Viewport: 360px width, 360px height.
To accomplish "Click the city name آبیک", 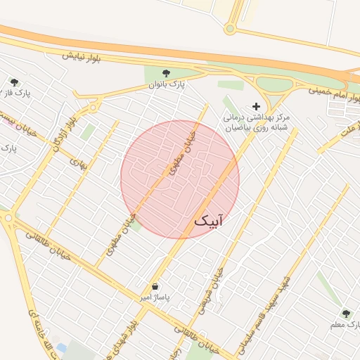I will click(x=210, y=221).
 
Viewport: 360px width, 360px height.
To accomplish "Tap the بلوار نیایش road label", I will click(x=81, y=56).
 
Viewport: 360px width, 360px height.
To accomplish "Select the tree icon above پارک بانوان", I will click(x=166, y=73).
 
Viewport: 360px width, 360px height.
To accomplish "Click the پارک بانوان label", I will click(x=166, y=84).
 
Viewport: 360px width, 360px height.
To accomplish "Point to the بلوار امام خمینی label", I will click(x=330, y=91).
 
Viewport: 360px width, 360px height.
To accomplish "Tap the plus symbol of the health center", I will click(x=255, y=105).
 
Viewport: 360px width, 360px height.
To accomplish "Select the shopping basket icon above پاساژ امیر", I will click(x=155, y=287).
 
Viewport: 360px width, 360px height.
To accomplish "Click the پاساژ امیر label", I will click(x=155, y=298).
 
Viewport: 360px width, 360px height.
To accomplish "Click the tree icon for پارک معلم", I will click(x=345, y=313).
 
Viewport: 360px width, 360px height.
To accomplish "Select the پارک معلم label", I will click(x=346, y=325).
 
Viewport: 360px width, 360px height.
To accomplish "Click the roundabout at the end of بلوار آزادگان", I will click(x=92, y=108).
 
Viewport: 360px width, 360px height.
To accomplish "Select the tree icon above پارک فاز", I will click(x=14, y=82).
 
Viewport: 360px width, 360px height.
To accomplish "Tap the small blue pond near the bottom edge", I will click(x=61, y=347).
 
